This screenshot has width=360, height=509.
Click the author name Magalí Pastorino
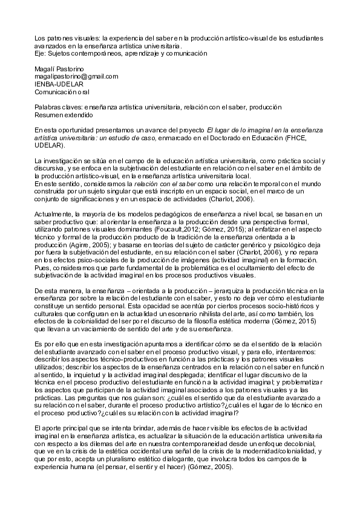(x=60, y=70)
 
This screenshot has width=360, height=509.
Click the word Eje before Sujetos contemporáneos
(x=40, y=53)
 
